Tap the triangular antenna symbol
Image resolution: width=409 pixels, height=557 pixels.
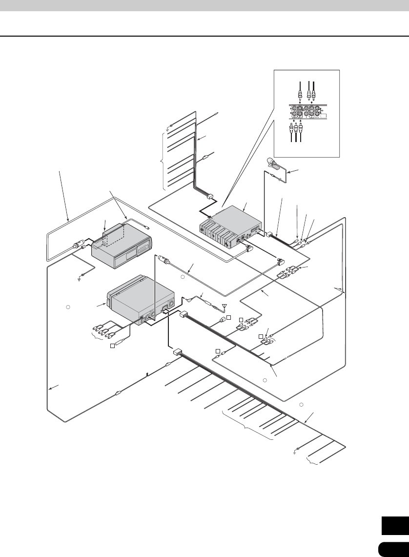point(224,307)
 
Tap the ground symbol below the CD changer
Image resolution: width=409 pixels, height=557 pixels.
point(81,278)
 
